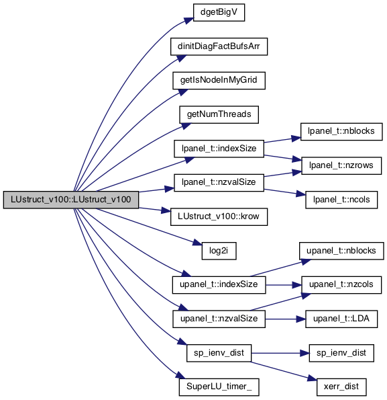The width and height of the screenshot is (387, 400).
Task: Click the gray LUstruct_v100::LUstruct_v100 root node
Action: pyautogui.click(x=71, y=200)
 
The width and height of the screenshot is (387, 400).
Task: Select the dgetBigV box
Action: pyautogui.click(x=219, y=12)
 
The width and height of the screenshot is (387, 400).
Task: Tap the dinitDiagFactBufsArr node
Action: pyautogui.click(x=219, y=46)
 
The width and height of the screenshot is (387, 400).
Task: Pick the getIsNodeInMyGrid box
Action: pyautogui.click(x=219, y=81)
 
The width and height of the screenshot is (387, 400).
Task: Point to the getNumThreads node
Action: pyautogui.click(x=219, y=114)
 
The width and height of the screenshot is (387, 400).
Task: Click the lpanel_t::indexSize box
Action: pyautogui.click(x=219, y=149)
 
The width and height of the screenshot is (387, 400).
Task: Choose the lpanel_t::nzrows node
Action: pyautogui.click(x=341, y=165)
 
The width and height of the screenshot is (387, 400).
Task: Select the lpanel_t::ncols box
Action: pyautogui.click(x=341, y=200)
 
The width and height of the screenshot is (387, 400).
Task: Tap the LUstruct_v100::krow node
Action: pyautogui.click(x=219, y=216)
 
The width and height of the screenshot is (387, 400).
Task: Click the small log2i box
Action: pyautogui.click(x=219, y=251)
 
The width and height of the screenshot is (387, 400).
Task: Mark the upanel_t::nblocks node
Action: pyautogui.click(x=341, y=251)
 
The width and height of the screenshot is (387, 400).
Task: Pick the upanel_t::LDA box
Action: pyautogui.click(x=341, y=319)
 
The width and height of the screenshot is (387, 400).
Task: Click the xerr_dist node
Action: pyautogui.click(x=341, y=387)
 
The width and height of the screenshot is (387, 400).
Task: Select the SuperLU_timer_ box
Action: pyautogui.click(x=219, y=387)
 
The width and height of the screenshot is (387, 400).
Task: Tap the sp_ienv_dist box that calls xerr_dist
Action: pyautogui.click(x=219, y=353)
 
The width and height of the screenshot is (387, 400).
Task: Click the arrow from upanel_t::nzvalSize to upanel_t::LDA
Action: pyautogui.click(x=285, y=319)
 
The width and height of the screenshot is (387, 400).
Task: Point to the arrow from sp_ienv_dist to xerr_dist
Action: pyautogui.click(x=284, y=371)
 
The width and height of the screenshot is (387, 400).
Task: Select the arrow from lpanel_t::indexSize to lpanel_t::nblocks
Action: pyautogui.click(x=282, y=140)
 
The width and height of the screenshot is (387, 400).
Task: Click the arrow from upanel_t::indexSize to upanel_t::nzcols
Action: pyautogui.click(x=284, y=285)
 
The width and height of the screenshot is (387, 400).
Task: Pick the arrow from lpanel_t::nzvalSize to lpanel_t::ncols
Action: pyautogui.click(x=284, y=192)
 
